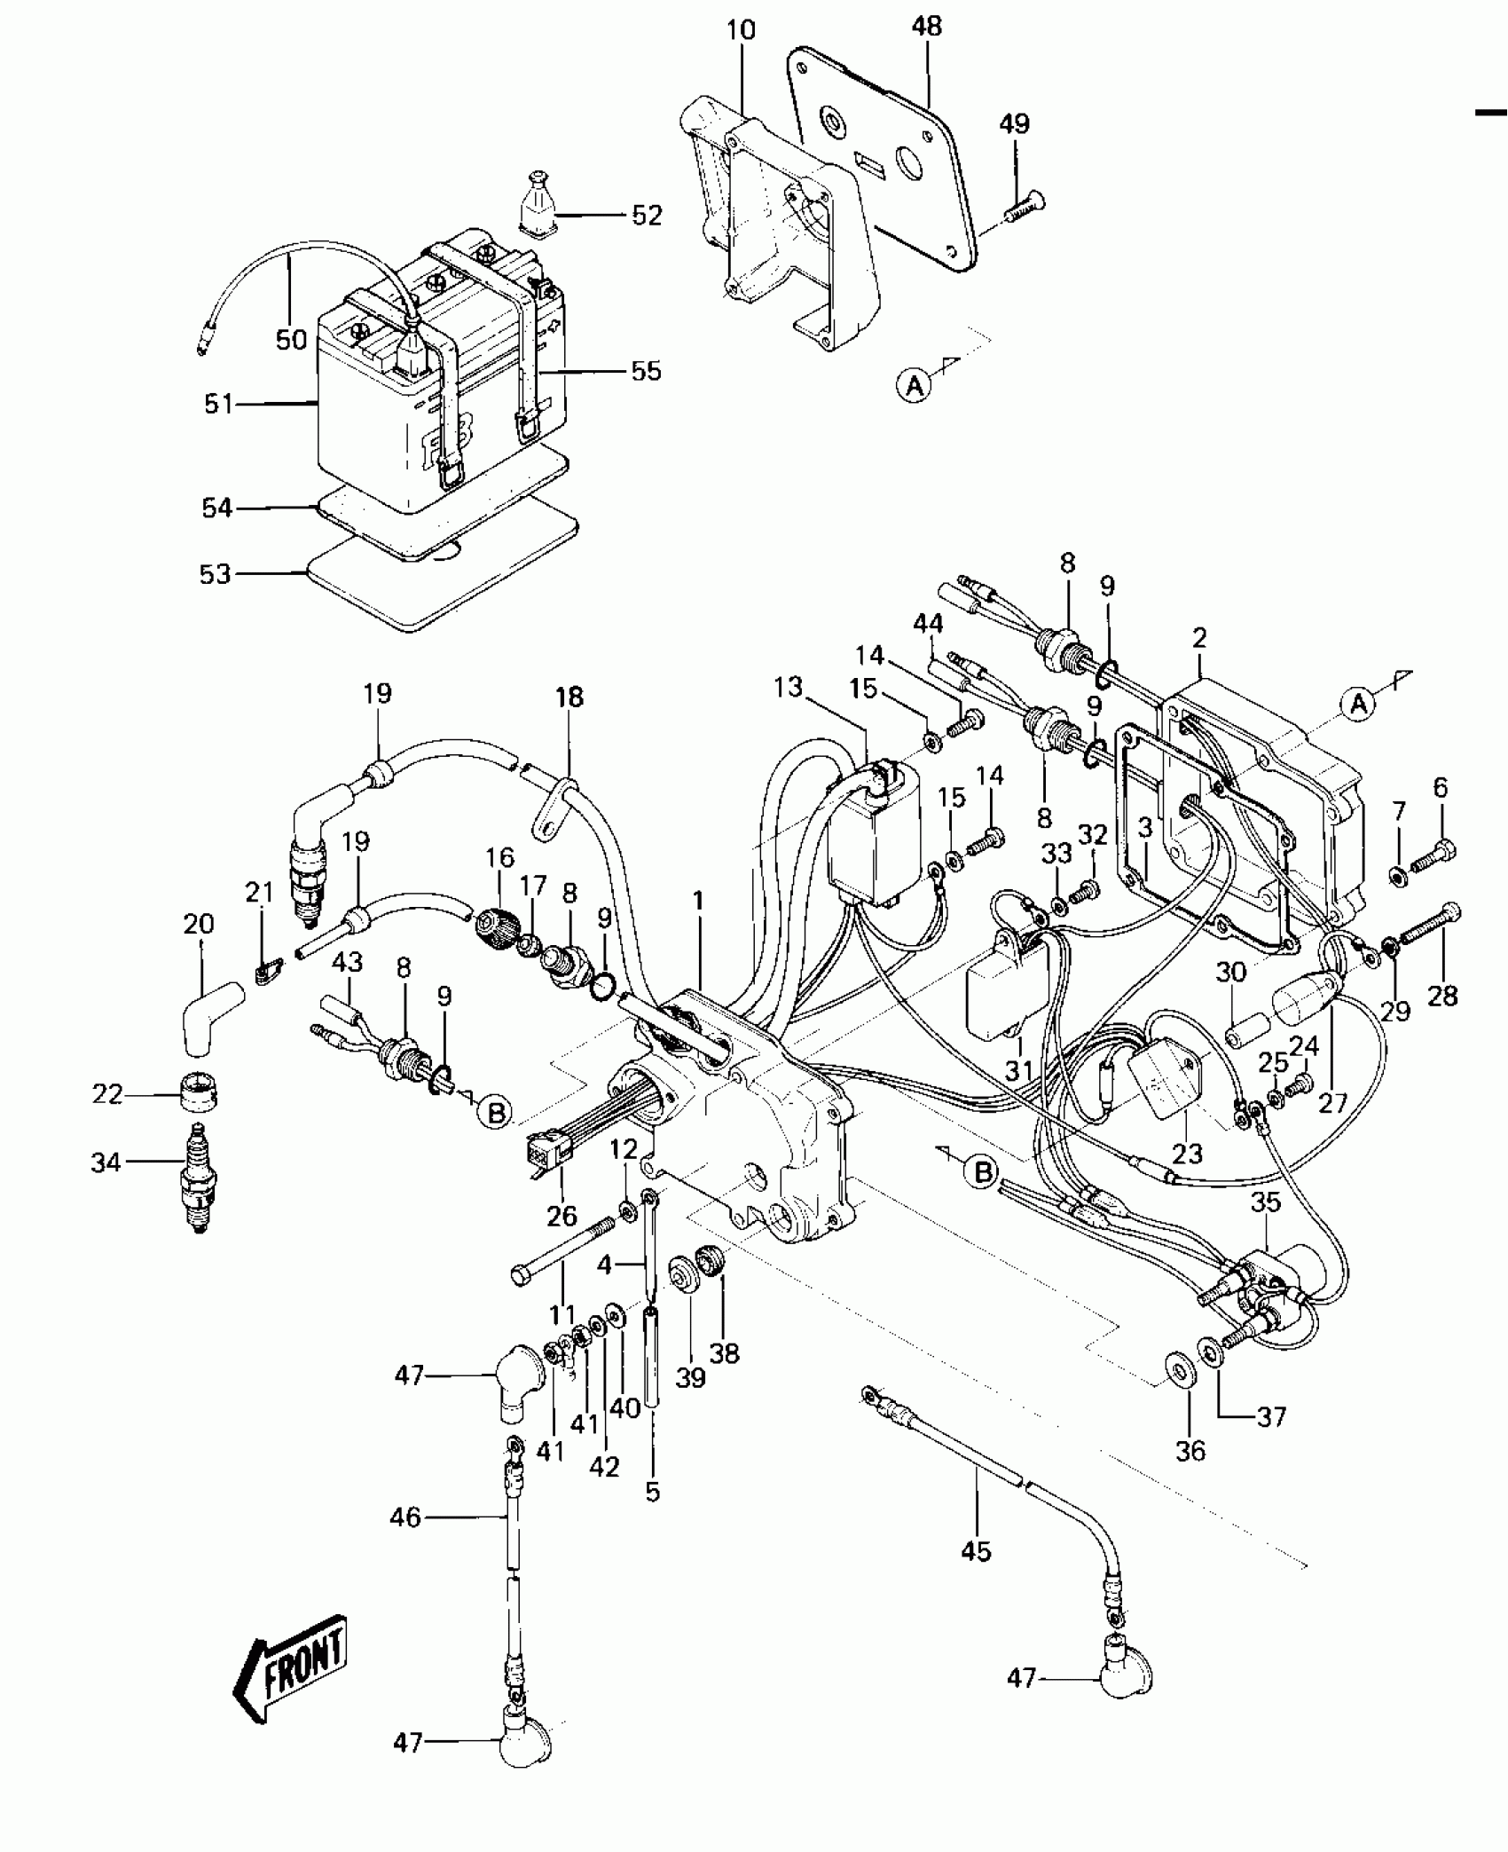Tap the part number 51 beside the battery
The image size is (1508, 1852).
coord(218,405)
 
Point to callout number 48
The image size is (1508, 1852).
coord(926,27)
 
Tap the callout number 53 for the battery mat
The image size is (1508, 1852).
coord(215,574)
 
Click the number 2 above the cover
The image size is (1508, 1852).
coord(1199,637)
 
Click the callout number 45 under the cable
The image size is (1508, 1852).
coord(975,1551)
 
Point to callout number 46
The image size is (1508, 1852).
coord(405,1517)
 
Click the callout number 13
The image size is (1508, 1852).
coord(787,687)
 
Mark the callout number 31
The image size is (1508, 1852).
coord(1018,1071)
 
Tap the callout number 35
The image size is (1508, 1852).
coord(1266,1203)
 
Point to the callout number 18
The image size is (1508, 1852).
coord(569,697)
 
